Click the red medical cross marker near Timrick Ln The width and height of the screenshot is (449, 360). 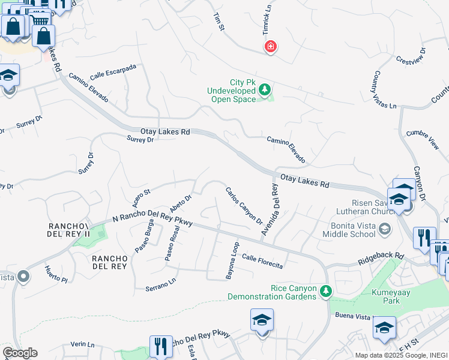pyautogui.click(x=271, y=47)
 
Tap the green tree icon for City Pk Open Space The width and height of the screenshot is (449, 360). pyautogui.click(x=265, y=91)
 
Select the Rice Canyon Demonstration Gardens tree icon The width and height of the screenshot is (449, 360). pyautogui.click(x=325, y=292)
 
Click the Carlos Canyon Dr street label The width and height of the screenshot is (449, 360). pyautogui.click(x=244, y=206)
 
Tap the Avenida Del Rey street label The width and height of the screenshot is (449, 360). pyautogui.click(x=269, y=212)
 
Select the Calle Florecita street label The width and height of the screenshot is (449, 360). pyautogui.click(x=262, y=260)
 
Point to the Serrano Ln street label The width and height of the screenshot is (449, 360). pyautogui.click(x=161, y=284)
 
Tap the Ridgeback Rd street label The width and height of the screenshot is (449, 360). pyautogui.click(x=381, y=259)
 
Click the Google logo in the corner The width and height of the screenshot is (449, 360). pyautogui.click(x=20, y=353)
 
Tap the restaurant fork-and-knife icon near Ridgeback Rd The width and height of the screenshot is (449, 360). pyautogui.click(x=424, y=238)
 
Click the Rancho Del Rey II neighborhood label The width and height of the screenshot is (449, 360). pyautogui.click(x=68, y=230)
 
